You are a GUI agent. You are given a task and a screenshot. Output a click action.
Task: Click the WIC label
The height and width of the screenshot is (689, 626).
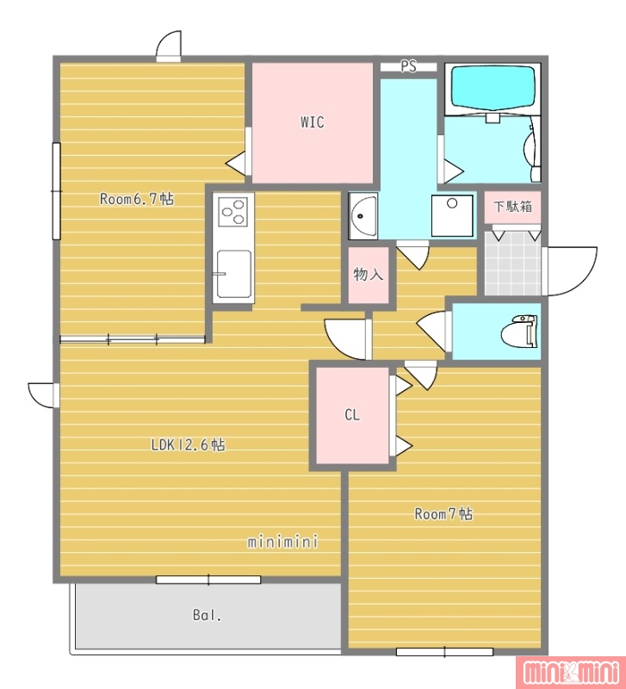313,121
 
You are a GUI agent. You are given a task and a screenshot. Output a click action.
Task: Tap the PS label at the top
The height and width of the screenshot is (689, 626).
408,66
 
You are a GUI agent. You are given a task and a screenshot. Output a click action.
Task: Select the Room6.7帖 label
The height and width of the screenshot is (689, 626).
137,199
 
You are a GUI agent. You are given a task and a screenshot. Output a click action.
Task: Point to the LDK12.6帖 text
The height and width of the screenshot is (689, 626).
188,444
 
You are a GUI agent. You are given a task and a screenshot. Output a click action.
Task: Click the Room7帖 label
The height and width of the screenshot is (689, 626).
443,513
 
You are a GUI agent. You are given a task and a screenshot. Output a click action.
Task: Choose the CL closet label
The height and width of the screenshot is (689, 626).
352,414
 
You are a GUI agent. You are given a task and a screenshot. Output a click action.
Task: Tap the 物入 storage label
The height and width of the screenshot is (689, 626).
369,274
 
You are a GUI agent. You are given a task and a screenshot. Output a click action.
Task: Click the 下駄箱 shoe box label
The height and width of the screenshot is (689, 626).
512,206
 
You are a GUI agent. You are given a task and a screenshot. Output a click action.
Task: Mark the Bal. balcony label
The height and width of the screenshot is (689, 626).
207,615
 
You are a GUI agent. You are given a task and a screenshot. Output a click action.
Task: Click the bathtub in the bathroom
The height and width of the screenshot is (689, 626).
493,88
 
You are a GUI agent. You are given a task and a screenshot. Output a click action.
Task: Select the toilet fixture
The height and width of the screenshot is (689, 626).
520,332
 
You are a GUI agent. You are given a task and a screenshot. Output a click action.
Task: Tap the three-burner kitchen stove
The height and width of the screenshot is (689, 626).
233,211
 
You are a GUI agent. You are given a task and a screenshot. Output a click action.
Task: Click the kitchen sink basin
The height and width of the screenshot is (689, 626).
234,274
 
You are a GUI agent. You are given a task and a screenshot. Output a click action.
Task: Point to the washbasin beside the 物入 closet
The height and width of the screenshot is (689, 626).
363,216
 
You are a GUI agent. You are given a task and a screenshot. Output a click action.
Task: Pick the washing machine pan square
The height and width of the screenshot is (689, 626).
452,216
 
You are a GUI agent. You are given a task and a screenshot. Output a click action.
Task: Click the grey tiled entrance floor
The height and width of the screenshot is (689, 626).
512,264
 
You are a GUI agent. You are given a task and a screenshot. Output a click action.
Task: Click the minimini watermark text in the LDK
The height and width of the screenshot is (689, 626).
282,541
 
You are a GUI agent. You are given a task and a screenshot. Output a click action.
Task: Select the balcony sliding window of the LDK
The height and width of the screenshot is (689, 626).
208,580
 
